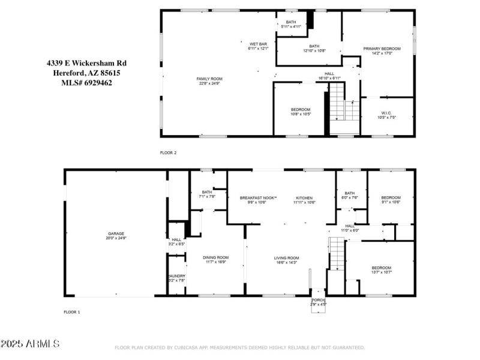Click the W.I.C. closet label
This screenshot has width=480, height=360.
(386, 115)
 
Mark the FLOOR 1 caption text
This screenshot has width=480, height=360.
(72, 312)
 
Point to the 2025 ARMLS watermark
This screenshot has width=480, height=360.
(30, 344)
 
